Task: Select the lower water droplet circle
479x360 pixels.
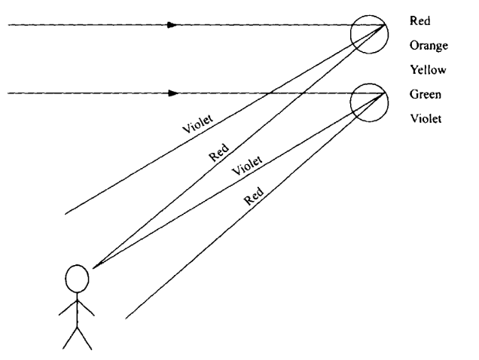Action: tap(368, 102)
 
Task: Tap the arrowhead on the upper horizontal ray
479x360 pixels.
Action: tap(173, 25)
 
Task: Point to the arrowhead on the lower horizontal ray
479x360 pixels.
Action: tap(173, 93)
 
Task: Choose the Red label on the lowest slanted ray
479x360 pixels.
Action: tap(255, 198)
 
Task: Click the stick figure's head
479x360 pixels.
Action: tap(76, 279)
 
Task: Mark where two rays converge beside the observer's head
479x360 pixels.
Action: tap(92, 266)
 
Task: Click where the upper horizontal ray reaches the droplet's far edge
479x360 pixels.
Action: tap(386, 25)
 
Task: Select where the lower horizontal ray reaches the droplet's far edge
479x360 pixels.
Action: tap(386, 93)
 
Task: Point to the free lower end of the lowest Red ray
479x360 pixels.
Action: tap(125, 317)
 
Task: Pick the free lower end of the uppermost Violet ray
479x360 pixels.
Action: tap(66, 214)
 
